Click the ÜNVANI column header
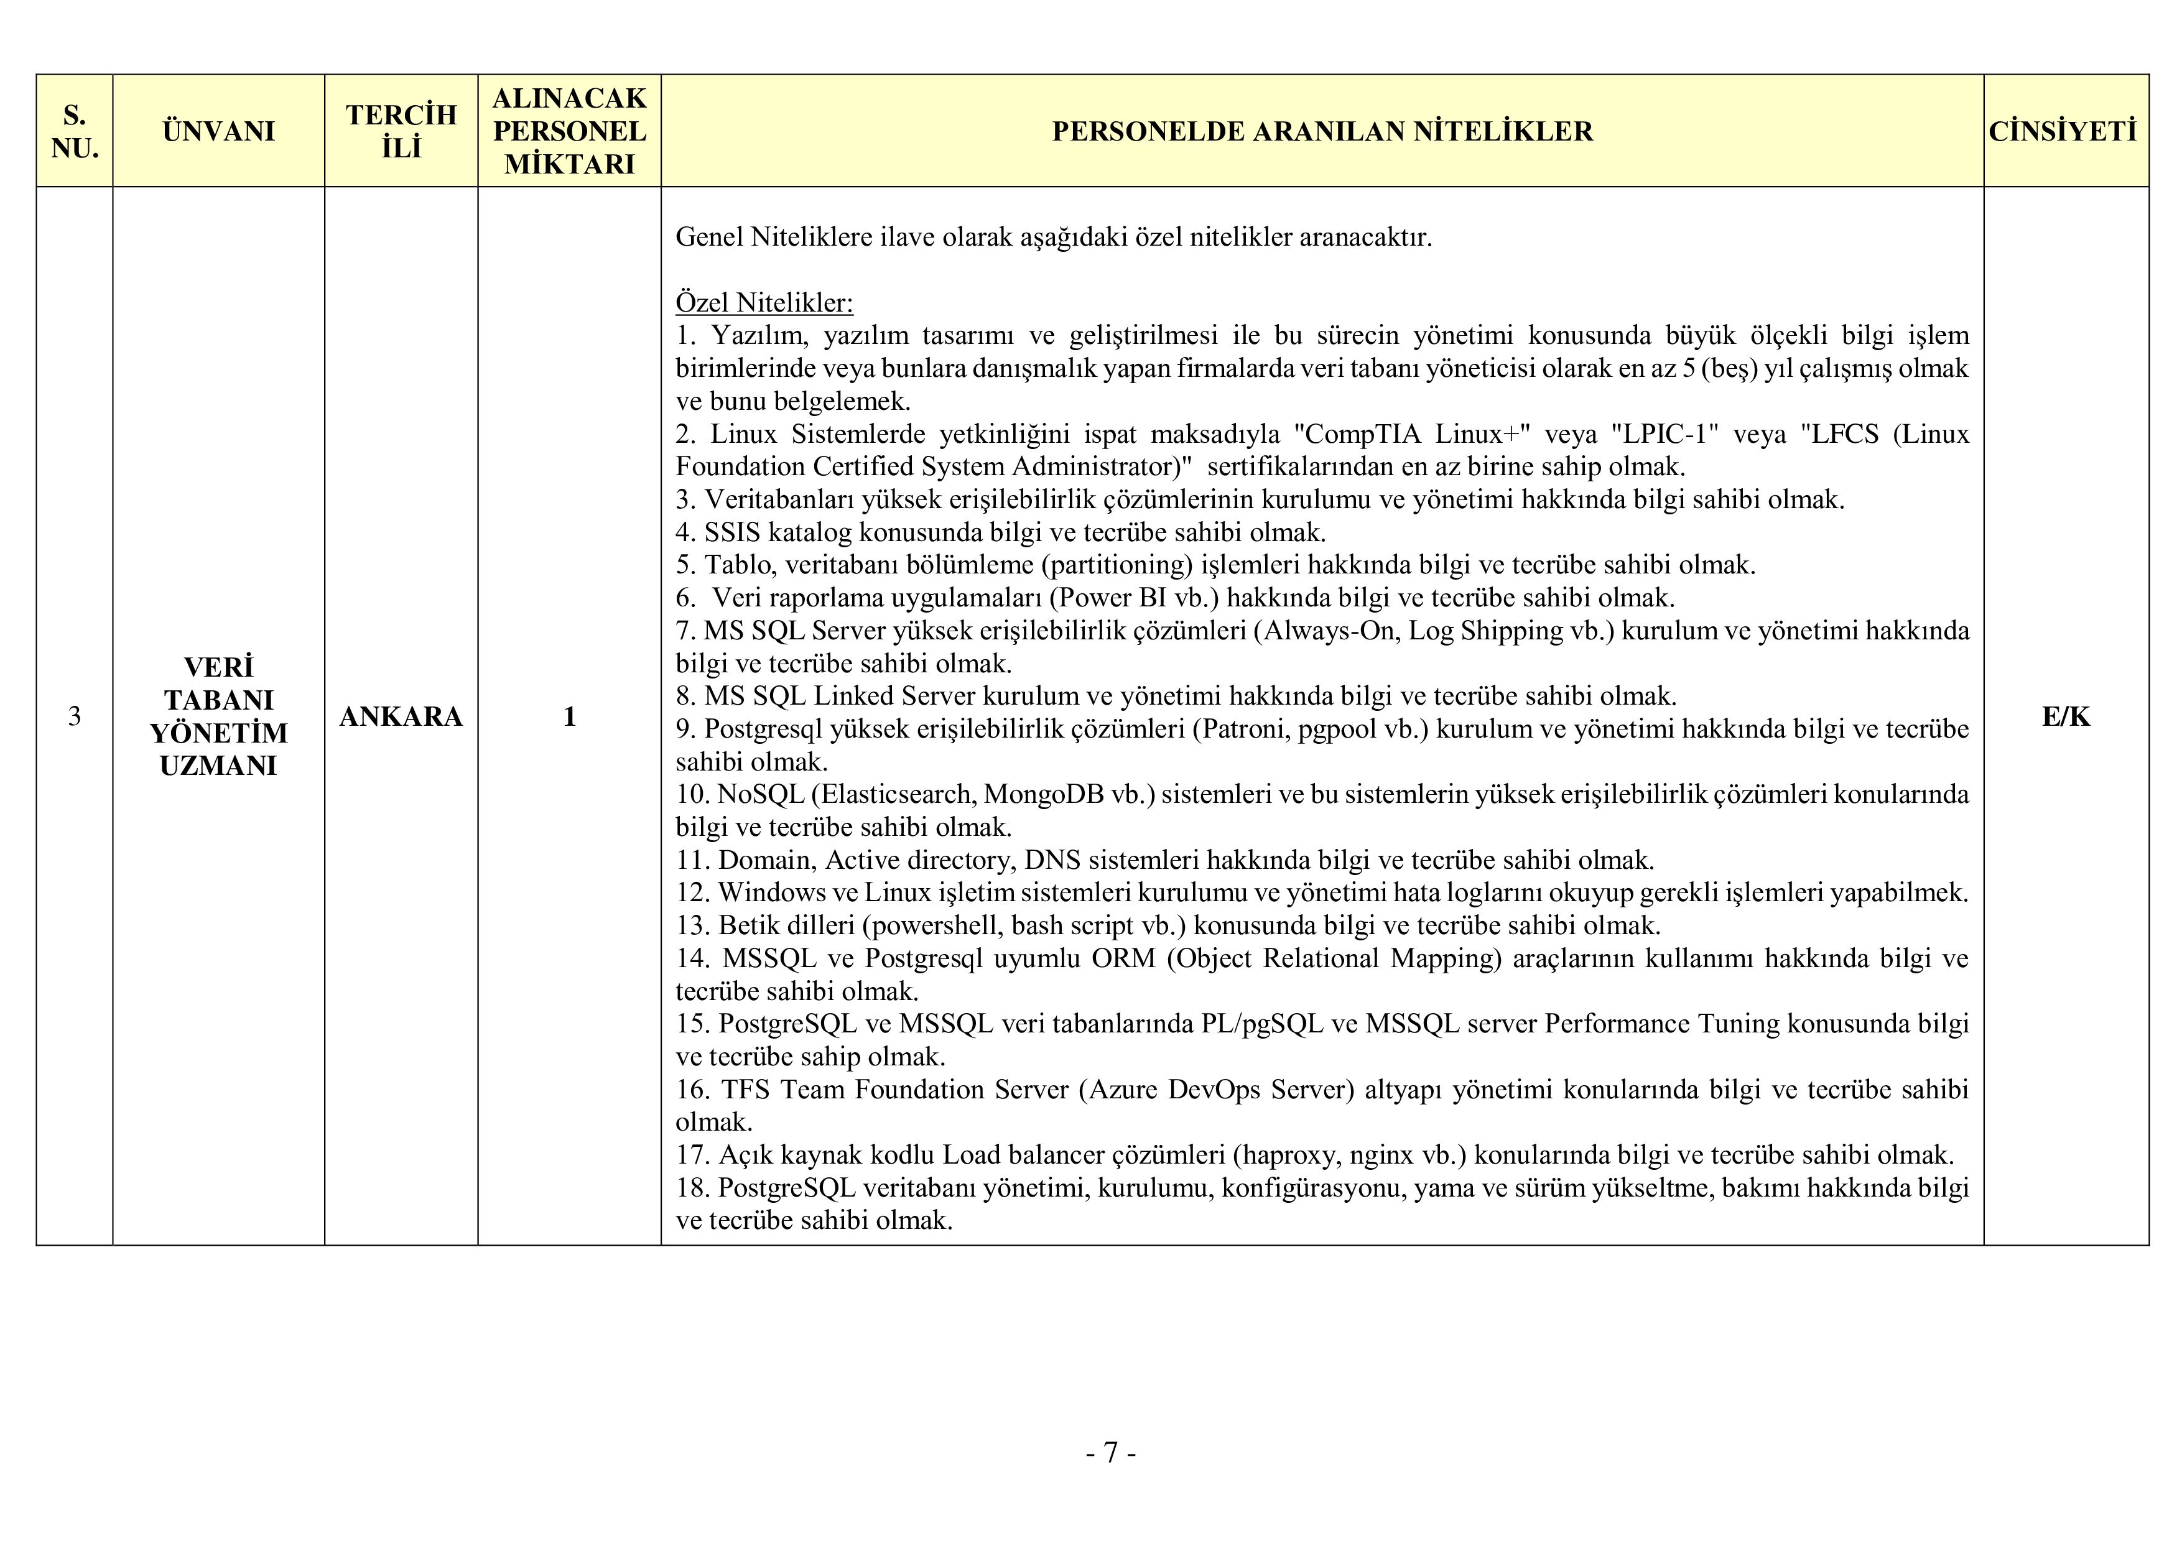coord(218,131)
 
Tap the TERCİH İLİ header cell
coord(401,131)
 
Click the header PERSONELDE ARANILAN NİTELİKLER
coord(1322,131)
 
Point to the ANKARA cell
coord(401,716)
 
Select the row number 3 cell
coord(74,716)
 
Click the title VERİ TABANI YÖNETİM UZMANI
coord(218,716)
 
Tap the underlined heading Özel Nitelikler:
coord(764,303)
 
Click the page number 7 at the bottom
coord(1110,1453)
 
